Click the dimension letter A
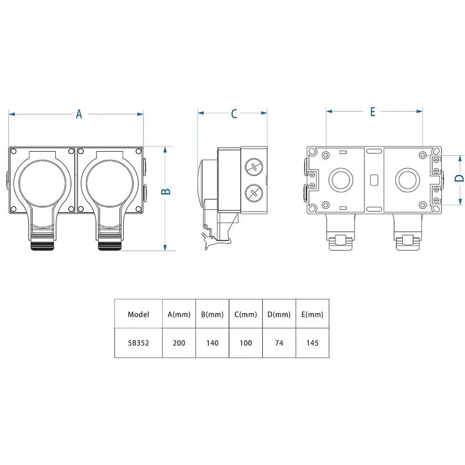click(x=78, y=114)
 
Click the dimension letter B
click(x=166, y=191)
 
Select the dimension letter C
click(x=234, y=114)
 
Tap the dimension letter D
click(x=459, y=178)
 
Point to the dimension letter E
click(x=373, y=112)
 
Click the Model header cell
click(x=138, y=314)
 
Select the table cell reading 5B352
click(x=138, y=343)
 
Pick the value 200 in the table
click(x=179, y=343)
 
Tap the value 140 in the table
click(x=212, y=343)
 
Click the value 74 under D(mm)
click(x=279, y=343)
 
